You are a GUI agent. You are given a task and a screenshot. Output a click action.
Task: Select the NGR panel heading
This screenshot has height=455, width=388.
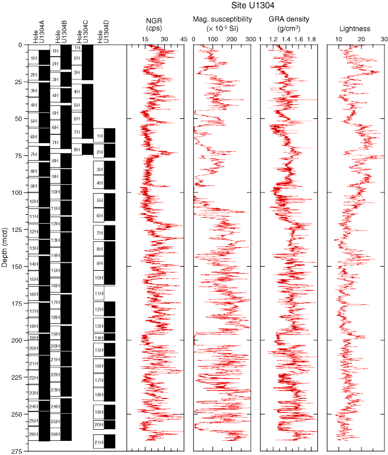(154, 24)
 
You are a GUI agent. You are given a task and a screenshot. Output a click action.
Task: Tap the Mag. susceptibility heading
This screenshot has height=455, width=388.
(222, 24)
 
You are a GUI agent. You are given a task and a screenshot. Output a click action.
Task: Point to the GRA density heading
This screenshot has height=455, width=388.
(289, 24)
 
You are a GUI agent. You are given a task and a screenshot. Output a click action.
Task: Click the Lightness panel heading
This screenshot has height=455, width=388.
(354, 28)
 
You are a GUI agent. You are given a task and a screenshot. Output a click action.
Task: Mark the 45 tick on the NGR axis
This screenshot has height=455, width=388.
(183, 39)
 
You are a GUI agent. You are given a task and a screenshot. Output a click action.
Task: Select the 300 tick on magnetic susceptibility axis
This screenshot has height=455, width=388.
(250, 39)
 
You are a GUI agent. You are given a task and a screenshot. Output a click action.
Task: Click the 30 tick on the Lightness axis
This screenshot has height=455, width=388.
(384, 39)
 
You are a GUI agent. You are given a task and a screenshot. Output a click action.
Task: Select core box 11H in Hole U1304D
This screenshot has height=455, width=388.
(99, 293)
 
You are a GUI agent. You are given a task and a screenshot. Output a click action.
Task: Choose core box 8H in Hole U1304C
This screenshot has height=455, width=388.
(77, 150)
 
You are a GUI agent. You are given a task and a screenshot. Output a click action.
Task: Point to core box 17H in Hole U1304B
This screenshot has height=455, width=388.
(55, 303)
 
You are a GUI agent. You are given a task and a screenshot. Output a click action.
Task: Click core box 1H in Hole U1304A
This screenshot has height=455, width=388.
(34, 58)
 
